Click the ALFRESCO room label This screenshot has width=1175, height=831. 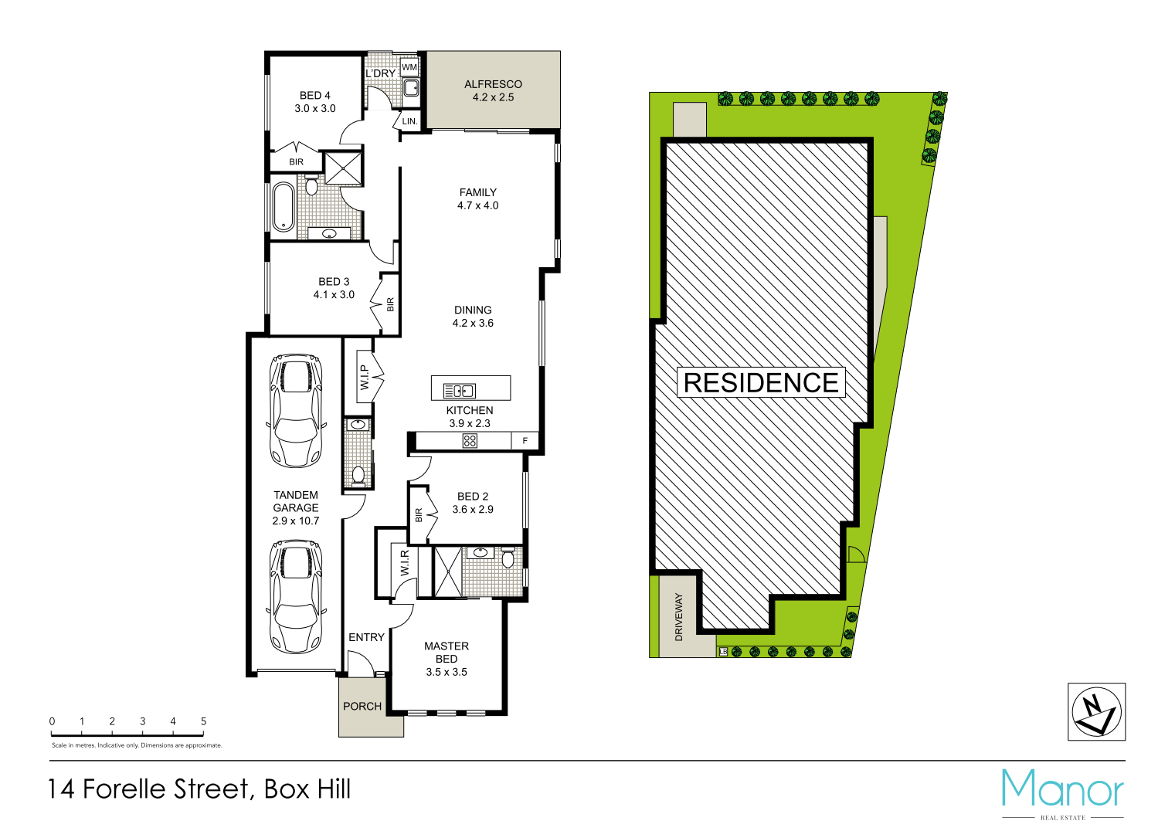tap(493, 84)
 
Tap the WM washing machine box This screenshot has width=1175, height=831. tap(409, 67)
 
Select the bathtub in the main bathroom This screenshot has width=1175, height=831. tap(283, 206)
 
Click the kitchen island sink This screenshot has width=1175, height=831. tap(459, 391)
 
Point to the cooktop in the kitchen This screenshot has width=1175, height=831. tap(470, 441)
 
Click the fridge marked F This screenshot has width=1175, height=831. tap(525, 441)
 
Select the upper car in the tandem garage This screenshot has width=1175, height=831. tap(296, 410)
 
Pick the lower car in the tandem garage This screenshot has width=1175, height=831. tap(296, 595)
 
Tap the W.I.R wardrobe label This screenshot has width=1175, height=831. tap(404, 563)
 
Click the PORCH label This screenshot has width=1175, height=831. tap(362, 706)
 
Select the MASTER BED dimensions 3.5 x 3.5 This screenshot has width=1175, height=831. tap(447, 672)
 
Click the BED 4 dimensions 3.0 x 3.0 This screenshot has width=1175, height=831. tap(315, 108)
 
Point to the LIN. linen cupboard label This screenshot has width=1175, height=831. tap(409, 121)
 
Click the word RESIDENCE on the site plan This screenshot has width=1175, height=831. tap(761, 382)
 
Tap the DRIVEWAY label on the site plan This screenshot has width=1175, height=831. tap(679, 616)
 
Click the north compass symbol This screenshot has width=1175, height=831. tap(1096, 711)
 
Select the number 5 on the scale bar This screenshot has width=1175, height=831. tap(203, 721)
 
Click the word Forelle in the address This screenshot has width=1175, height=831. tap(166, 789)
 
